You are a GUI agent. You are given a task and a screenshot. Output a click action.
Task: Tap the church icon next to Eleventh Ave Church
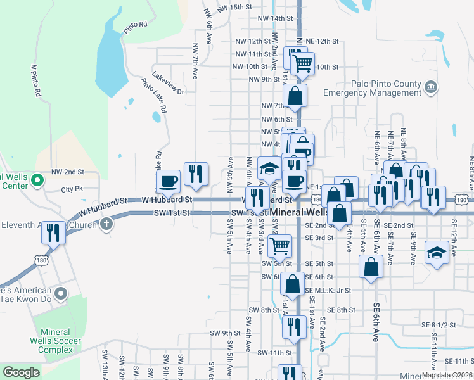coord(106,224)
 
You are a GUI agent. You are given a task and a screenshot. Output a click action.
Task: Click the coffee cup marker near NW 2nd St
coord(169,181)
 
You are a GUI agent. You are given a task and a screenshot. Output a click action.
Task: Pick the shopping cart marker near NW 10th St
coord(302,63)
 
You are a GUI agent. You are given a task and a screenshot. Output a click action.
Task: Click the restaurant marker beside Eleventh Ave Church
coord(53,233)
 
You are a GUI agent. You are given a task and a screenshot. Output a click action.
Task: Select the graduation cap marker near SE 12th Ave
coord(437,253)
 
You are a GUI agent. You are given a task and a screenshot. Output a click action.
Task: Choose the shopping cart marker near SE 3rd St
coord(279,245)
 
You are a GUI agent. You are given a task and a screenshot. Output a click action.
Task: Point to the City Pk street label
coord(72,189)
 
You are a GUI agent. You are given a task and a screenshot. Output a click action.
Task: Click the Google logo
coord(21,372)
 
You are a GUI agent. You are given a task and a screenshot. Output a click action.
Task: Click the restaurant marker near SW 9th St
coord(291,327)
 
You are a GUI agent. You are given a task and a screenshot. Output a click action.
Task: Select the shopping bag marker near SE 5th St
coord(371,267)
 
